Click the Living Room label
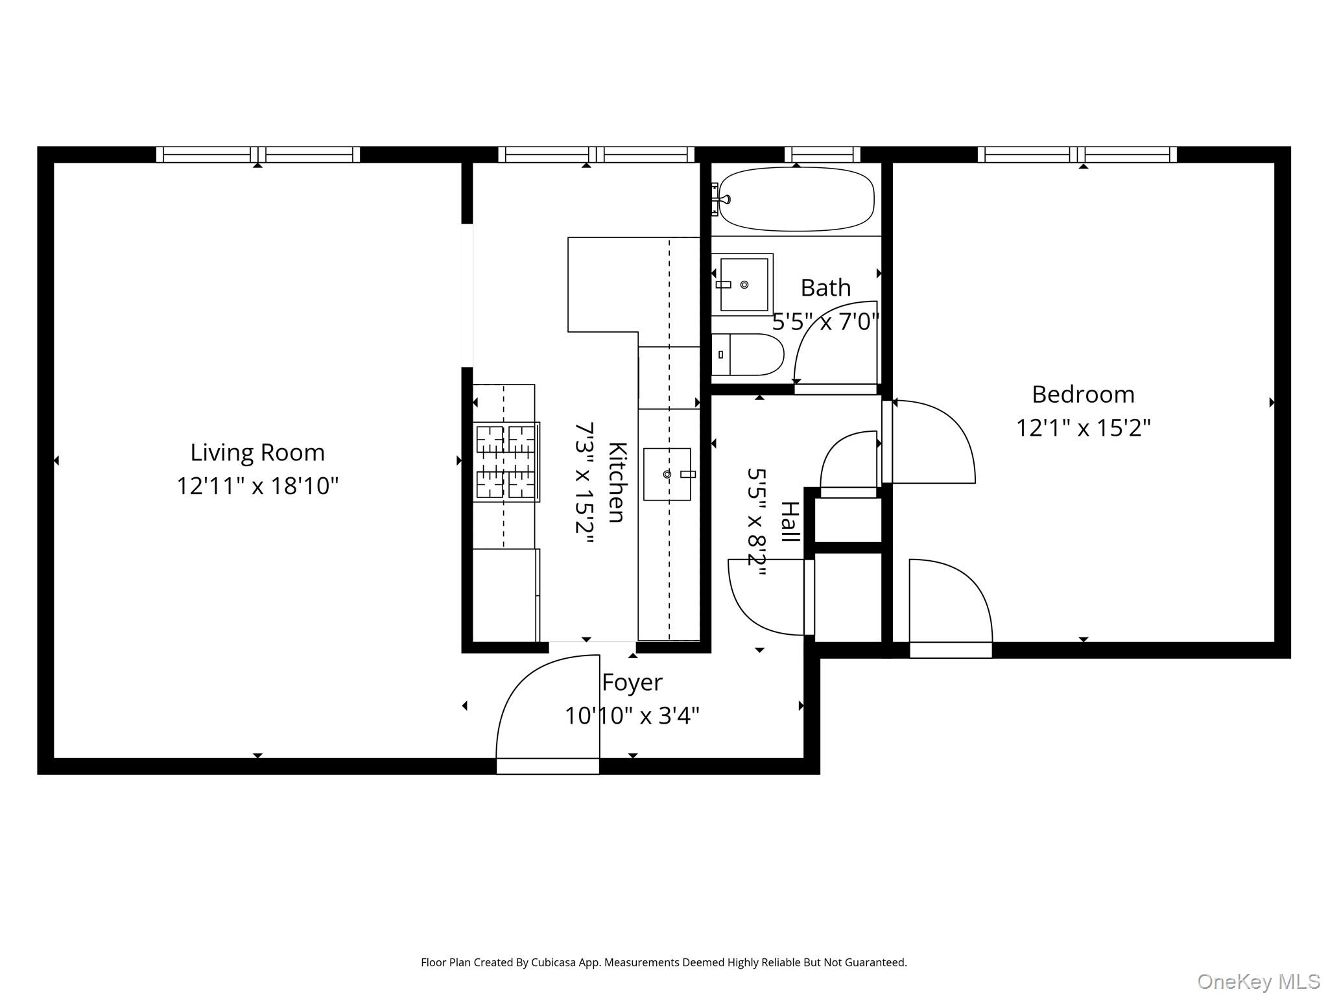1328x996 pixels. pyautogui.click(x=257, y=453)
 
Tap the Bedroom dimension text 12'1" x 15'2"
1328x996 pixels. pyautogui.click(x=1083, y=428)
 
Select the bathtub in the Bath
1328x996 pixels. pyautogui.click(x=796, y=199)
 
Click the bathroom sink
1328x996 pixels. pyautogui.click(x=743, y=284)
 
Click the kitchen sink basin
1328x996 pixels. pyautogui.click(x=667, y=474)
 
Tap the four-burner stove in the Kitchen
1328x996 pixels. pyautogui.click(x=506, y=462)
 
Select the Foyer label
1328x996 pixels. pyautogui.click(x=632, y=682)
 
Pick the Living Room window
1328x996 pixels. pyautogui.click(x=257, y=154)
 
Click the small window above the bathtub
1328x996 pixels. pyautogui.click(x=822, y=154)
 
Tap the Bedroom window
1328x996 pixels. pyautogui.click(x=1076, y=154)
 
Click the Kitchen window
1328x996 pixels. pyautogui.click(x=596, y=154)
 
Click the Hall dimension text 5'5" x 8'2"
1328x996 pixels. pyautogui.click(x=757, y=522)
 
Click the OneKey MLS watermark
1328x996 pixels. pyautogui.click(x=1258, y=981)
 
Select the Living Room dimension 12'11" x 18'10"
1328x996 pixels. pyautogui.click(x=257, y=486)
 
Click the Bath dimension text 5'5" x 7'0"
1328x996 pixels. pyautogui.click(x=825, y=322)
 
